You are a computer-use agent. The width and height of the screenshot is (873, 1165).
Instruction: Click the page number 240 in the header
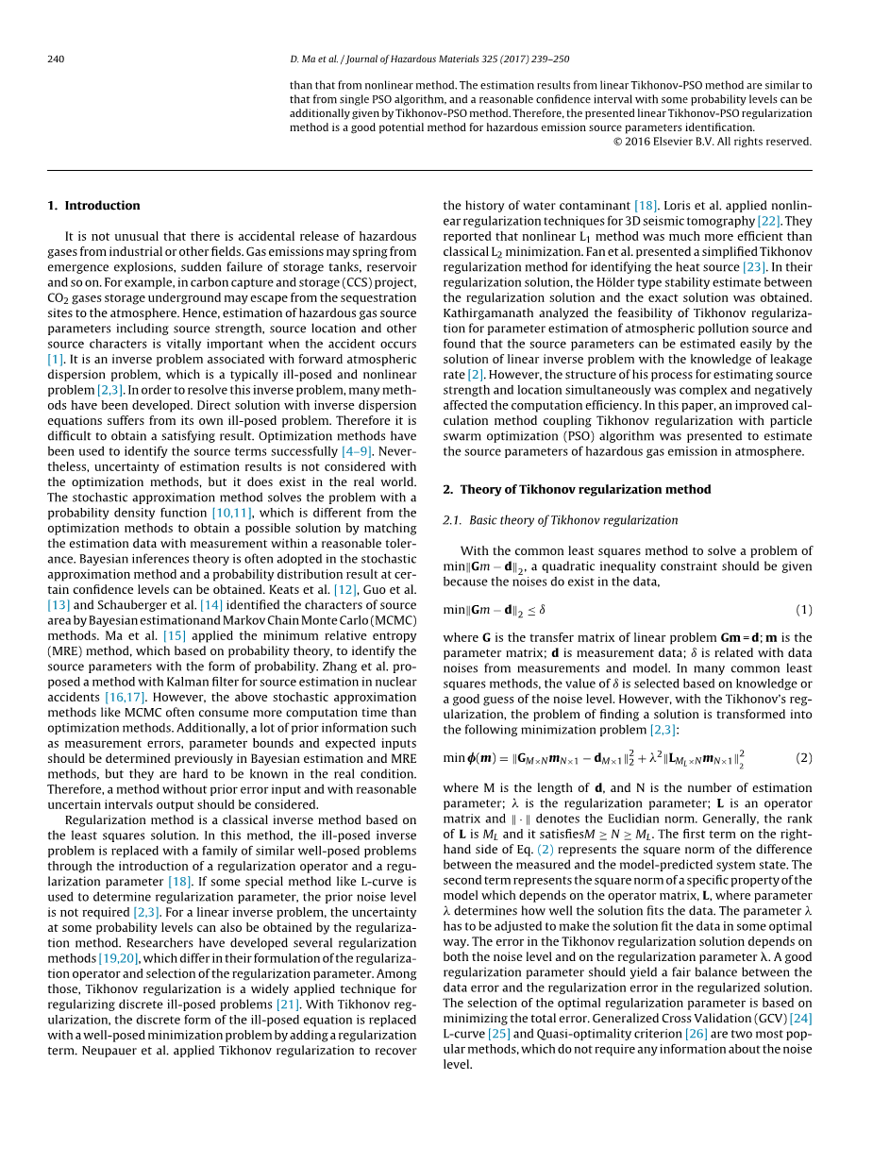click(56, 59)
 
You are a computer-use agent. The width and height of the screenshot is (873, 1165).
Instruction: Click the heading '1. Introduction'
click(93, 206)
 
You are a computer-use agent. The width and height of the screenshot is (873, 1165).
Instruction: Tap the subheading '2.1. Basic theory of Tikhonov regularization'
click(560, 520)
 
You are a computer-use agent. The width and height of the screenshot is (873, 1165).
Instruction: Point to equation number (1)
click(803, 610)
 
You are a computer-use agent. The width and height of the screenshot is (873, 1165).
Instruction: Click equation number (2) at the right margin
click(803, 758)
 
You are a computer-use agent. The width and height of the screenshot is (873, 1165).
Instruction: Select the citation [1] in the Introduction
click(55, 360)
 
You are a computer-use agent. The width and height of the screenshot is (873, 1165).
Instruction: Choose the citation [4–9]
click(358, 451)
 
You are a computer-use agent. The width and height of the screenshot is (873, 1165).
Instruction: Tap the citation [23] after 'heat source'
click(754, 267)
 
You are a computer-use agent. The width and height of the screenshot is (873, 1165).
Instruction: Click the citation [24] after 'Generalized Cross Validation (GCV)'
click(800, 1018)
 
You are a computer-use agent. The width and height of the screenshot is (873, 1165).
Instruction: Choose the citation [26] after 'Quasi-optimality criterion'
click(697, 1034)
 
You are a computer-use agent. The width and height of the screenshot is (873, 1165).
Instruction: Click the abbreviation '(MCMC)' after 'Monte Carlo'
click(390, 620)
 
